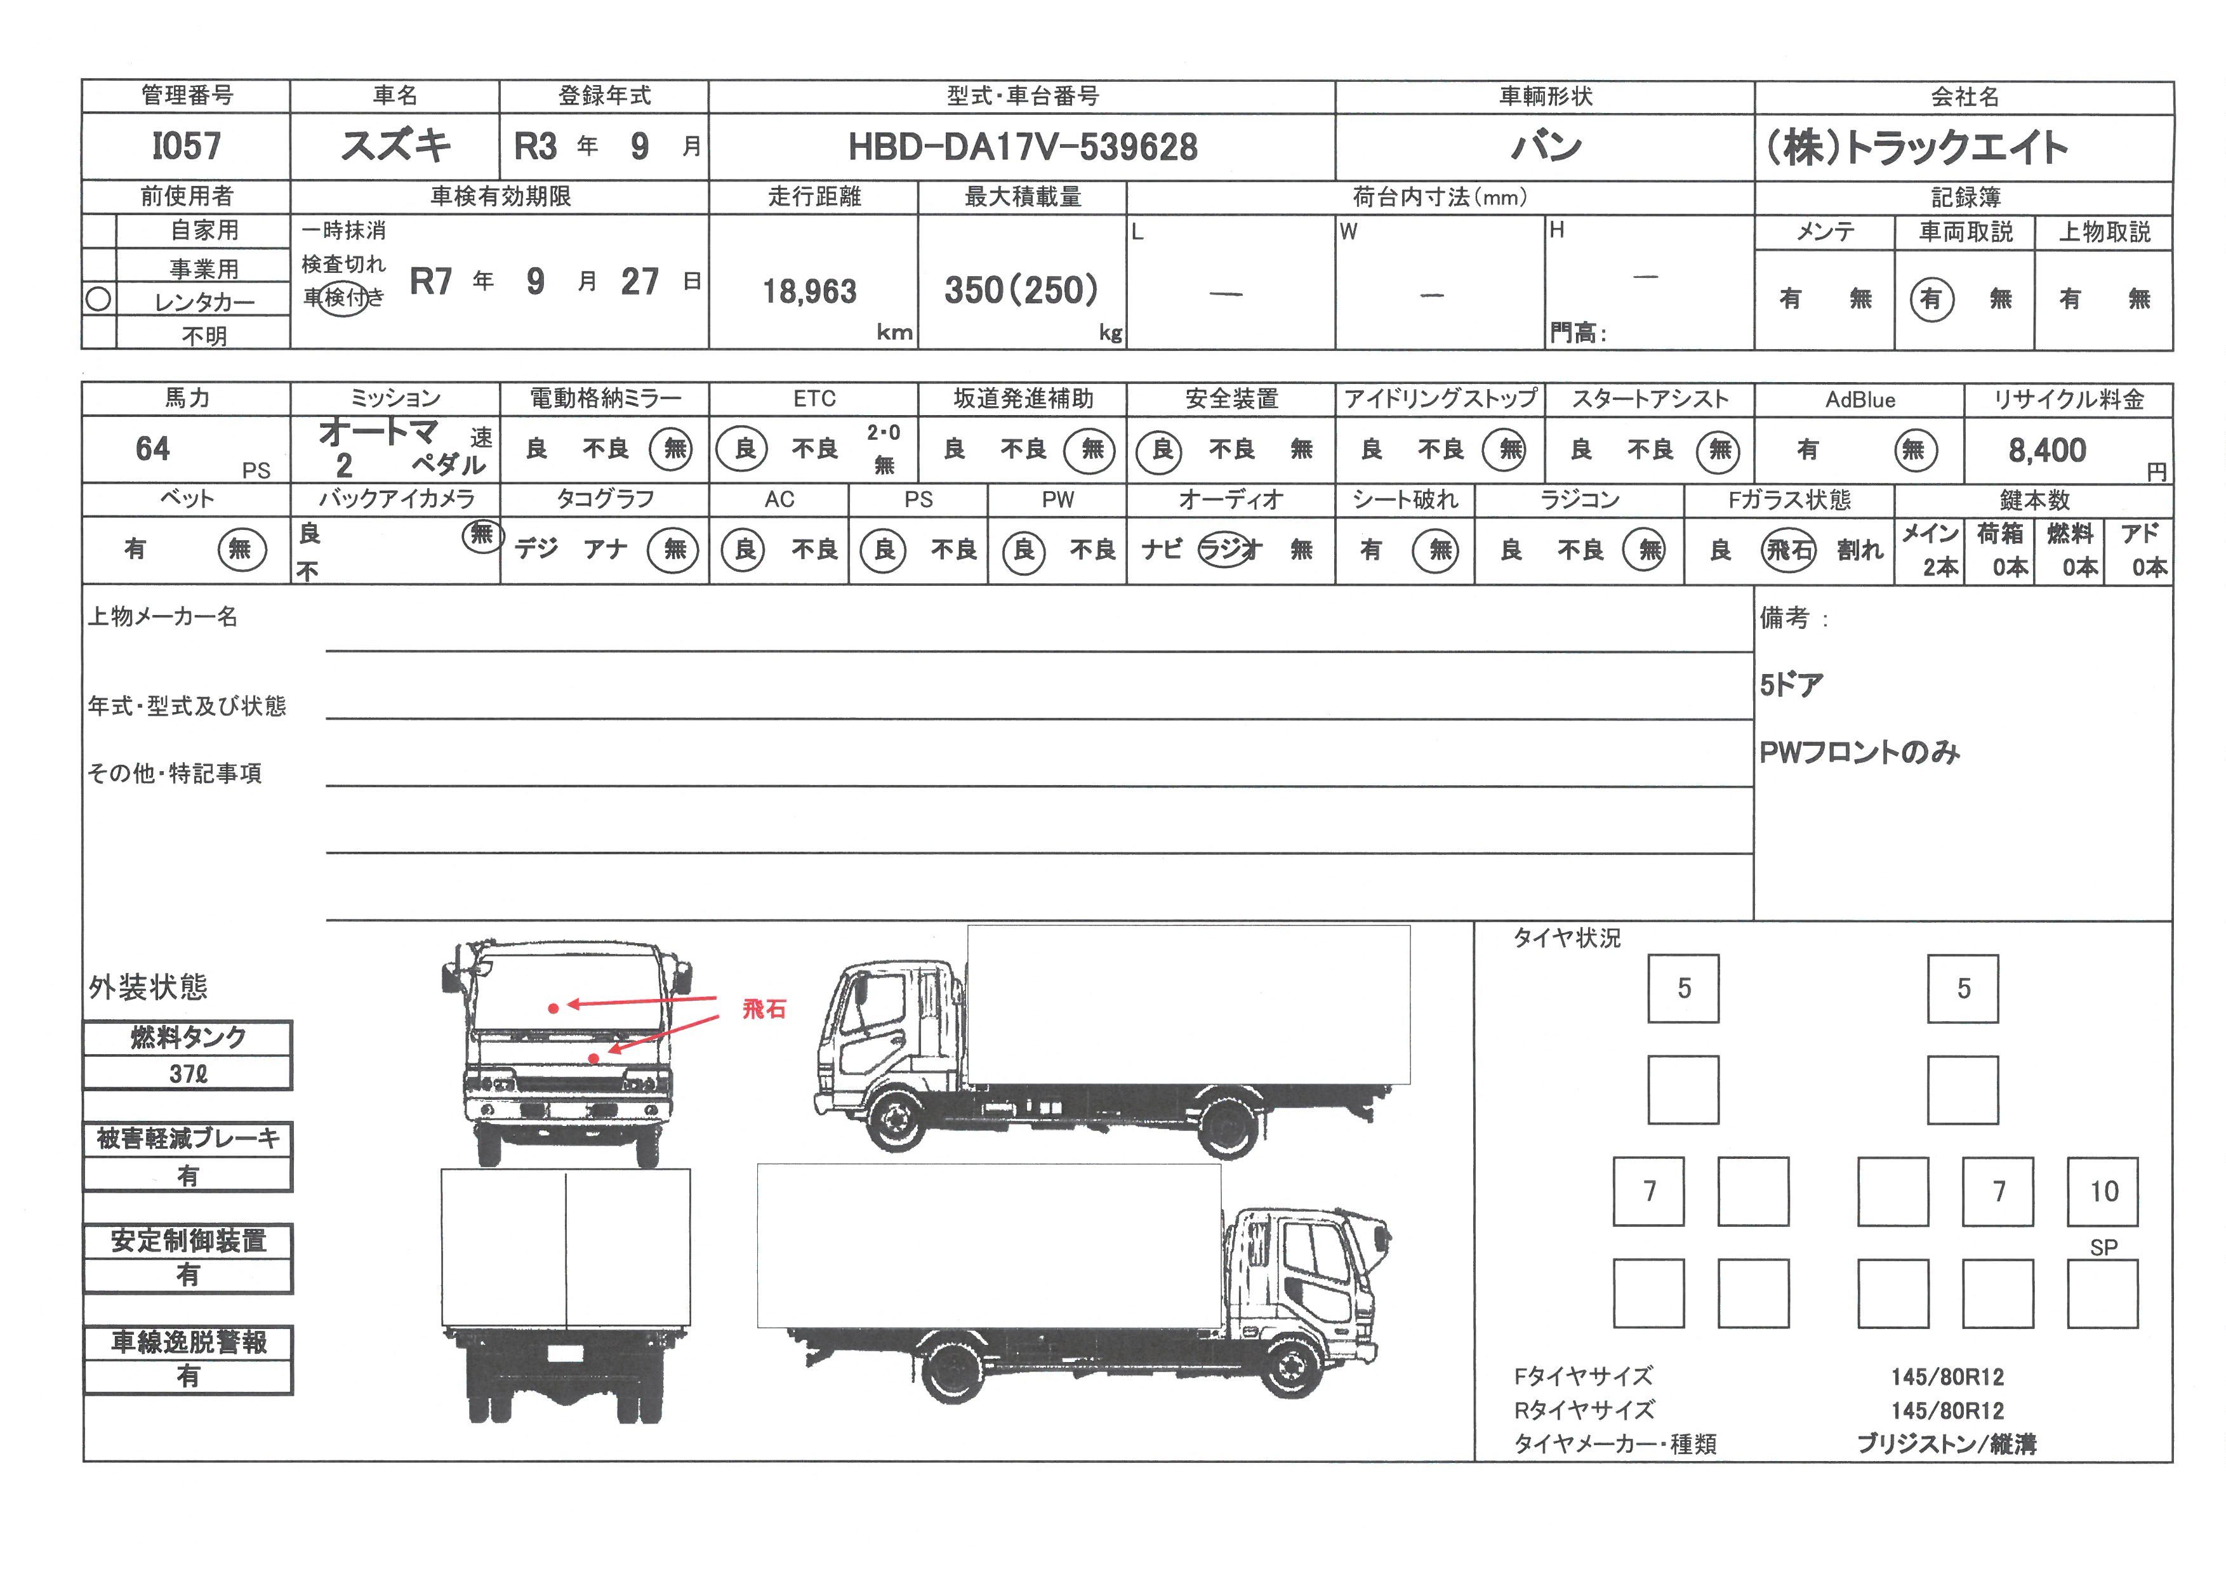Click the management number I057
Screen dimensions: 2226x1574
point(186,147)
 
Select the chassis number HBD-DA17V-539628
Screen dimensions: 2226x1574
point(1023,147)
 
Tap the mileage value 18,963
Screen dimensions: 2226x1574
point(809,291)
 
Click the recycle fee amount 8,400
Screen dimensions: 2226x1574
point(2046,450)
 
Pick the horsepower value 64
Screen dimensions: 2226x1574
point(152,449)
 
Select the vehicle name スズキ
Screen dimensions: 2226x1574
point(395,145)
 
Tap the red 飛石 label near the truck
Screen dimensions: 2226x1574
point(764,1009)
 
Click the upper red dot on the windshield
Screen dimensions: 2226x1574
point(553,1008)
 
